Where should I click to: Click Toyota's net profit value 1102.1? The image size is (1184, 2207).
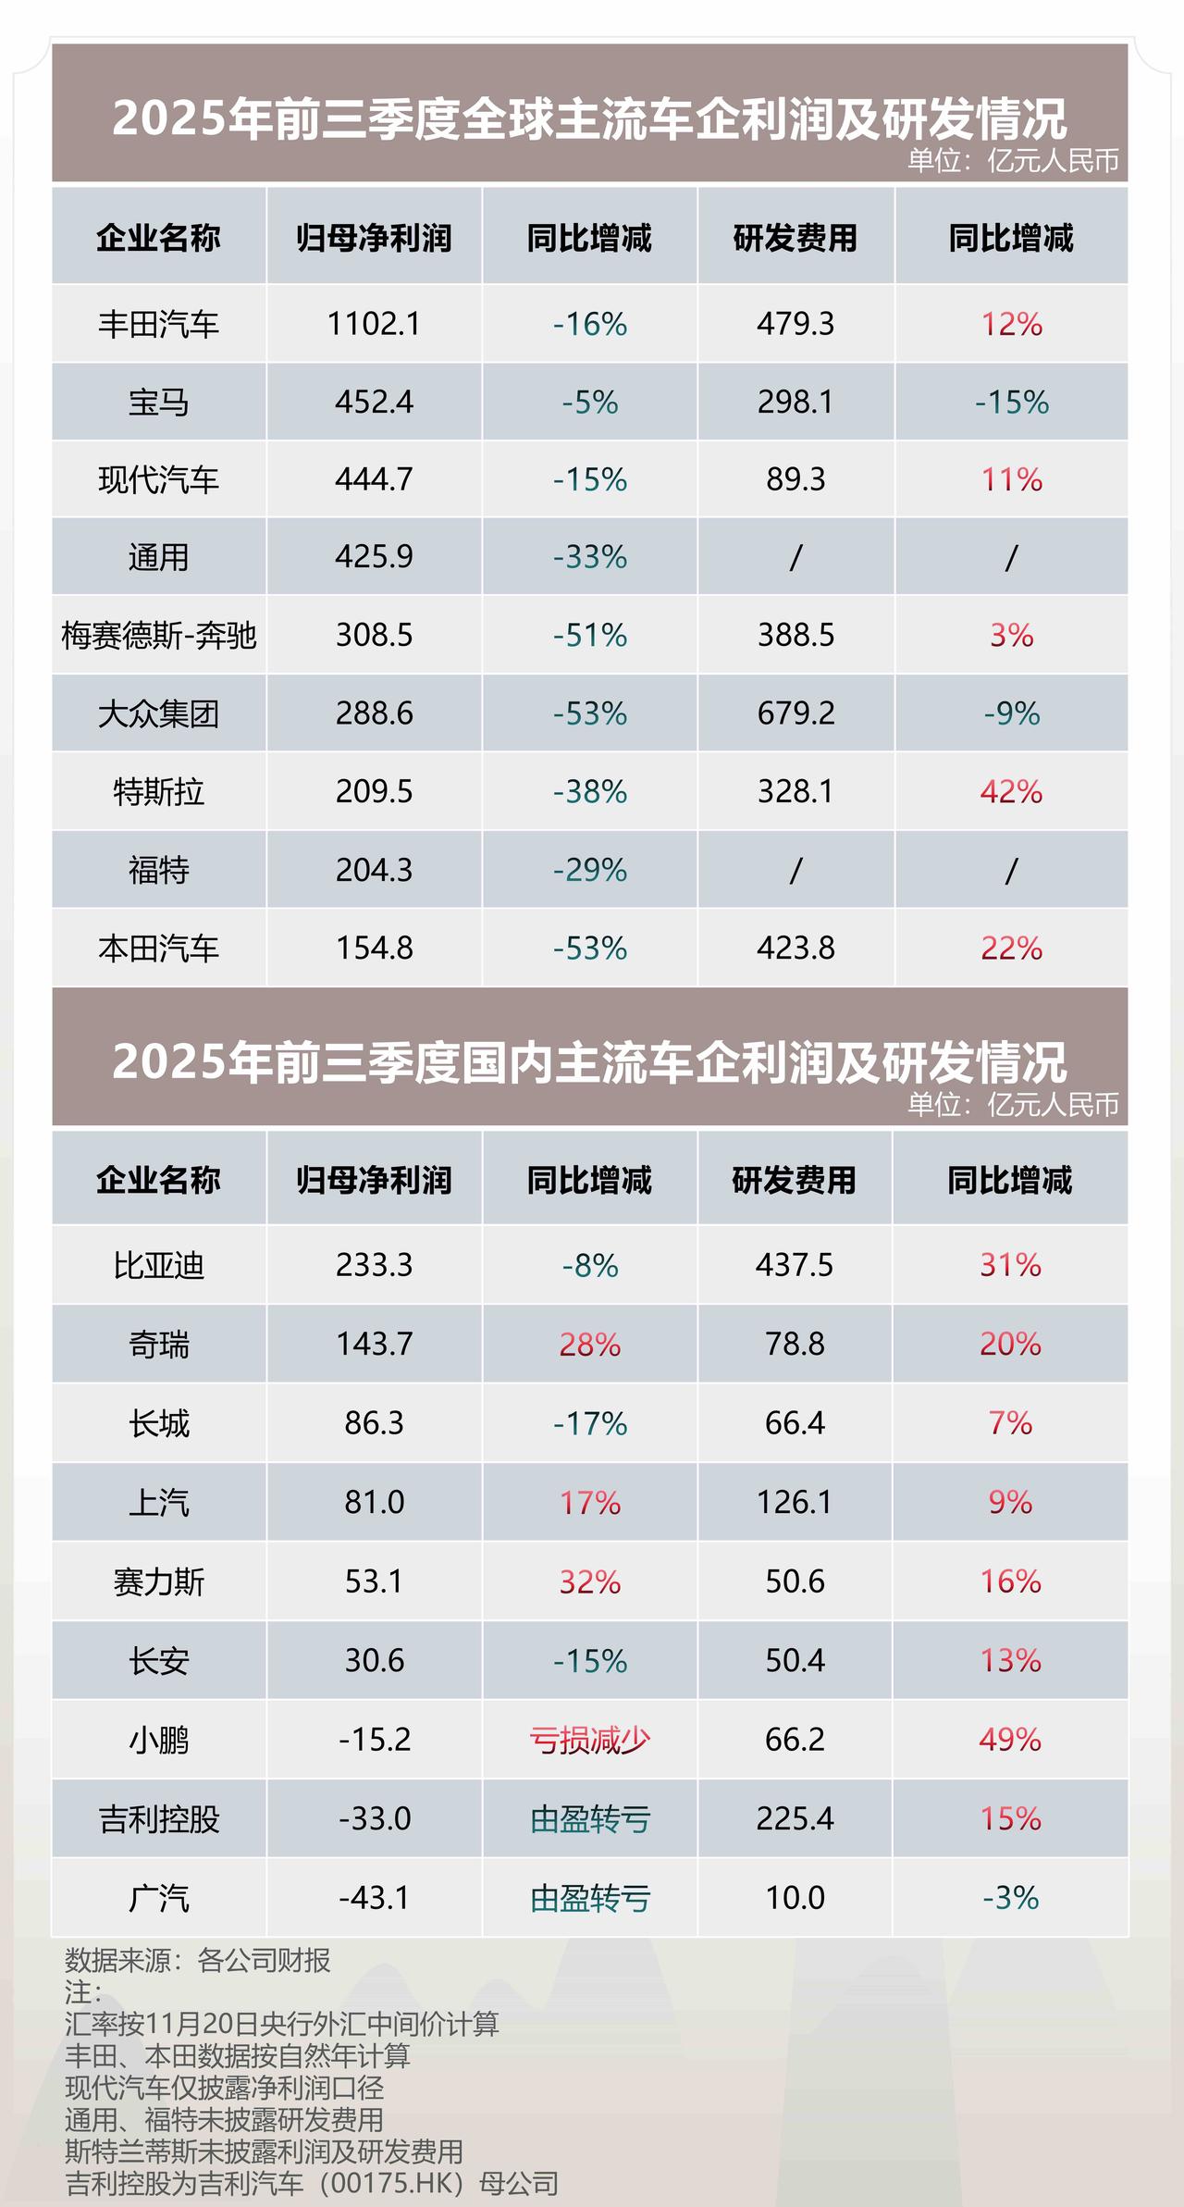[x=374, y=324]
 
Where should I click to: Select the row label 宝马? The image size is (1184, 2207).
[x=158, y=403]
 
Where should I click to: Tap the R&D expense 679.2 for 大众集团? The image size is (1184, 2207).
[x=795, y=713]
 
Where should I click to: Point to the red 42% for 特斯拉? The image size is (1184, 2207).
[x=1011, y=792]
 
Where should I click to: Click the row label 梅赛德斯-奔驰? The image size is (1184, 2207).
[x=158, y=636]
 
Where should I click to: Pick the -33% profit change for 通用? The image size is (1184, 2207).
[x=590, y=557]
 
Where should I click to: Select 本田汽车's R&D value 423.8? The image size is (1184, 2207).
[x=795, y=949]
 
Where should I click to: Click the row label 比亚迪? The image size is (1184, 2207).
[x=158, y=1265]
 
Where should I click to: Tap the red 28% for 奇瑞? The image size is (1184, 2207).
[x=590, y=1345]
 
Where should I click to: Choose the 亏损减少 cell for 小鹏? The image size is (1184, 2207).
[x=590, y=1740]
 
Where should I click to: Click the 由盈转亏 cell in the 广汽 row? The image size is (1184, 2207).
[x=590, y=1898]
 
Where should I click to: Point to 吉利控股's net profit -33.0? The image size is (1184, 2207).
[x=374, y=1819]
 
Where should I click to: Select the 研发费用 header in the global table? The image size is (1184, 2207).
[x=795, y=238]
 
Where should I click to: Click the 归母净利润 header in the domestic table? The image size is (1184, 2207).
[x=374, y=1180]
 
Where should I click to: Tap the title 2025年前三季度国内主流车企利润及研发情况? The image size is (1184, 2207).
[x=590, y=1061]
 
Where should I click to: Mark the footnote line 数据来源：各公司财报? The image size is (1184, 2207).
[x=198, y=1960]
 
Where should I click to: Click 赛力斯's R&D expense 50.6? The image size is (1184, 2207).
[x=795, y=1581]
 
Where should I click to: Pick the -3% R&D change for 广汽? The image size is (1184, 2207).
[x=1011, y=1898]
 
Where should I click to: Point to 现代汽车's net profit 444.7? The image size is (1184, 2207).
[x=374, y=479]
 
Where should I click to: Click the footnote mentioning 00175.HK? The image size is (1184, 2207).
[x=312, y=2183]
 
